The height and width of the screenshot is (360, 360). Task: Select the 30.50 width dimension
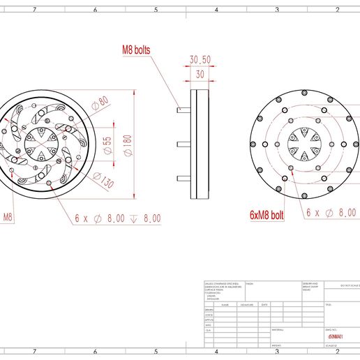pos(200,60)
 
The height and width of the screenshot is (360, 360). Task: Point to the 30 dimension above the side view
pos(200,74)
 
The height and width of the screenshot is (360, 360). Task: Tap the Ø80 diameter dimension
pos(103,102)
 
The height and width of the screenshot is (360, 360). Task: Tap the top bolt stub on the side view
pos(183,109)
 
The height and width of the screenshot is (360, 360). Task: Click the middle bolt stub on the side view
pos(183,144)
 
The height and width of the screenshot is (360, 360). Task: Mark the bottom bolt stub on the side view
pos(183,177)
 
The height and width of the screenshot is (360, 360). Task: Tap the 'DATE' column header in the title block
pos(264,305)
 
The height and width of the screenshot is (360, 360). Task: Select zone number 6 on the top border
pos(95,10)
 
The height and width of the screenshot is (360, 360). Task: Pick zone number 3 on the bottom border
pos(277,352)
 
